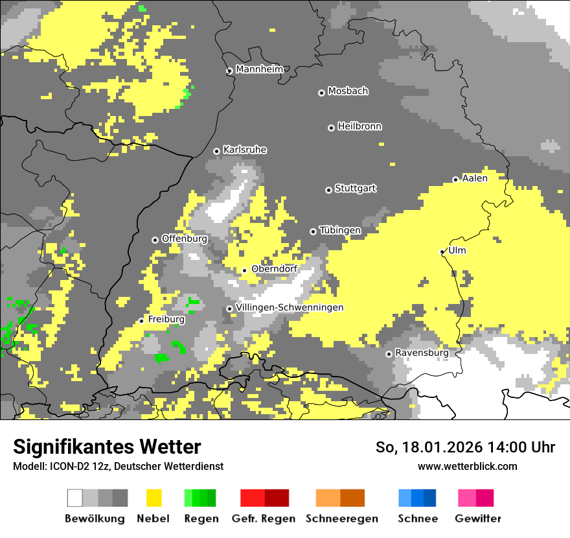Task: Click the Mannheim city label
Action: coord(259,69)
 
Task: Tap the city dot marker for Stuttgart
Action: coord(328,190)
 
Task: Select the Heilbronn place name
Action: coord(359,126)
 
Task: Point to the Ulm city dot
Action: coord(442,251)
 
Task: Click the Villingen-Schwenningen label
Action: coord(290,307)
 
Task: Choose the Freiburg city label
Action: coord(166,320)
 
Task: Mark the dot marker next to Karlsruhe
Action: coord(217,151)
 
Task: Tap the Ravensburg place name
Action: coord(422,353)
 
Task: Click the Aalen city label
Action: coord(475,178)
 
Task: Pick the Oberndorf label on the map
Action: coord(274,269)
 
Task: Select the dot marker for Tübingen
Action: coord(313,231)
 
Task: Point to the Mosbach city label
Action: coord(348,91)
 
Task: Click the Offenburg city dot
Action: coord(155,240)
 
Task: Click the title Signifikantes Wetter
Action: coord(107,447)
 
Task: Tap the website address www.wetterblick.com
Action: coord(467,466)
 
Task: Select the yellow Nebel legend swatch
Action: coord(154,498)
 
